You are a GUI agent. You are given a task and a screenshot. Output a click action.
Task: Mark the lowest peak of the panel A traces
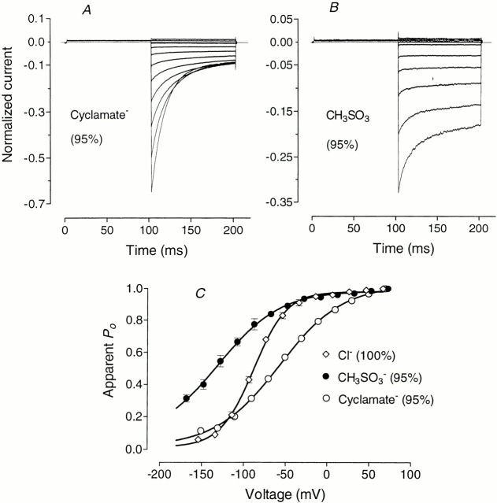coord(150,191)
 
